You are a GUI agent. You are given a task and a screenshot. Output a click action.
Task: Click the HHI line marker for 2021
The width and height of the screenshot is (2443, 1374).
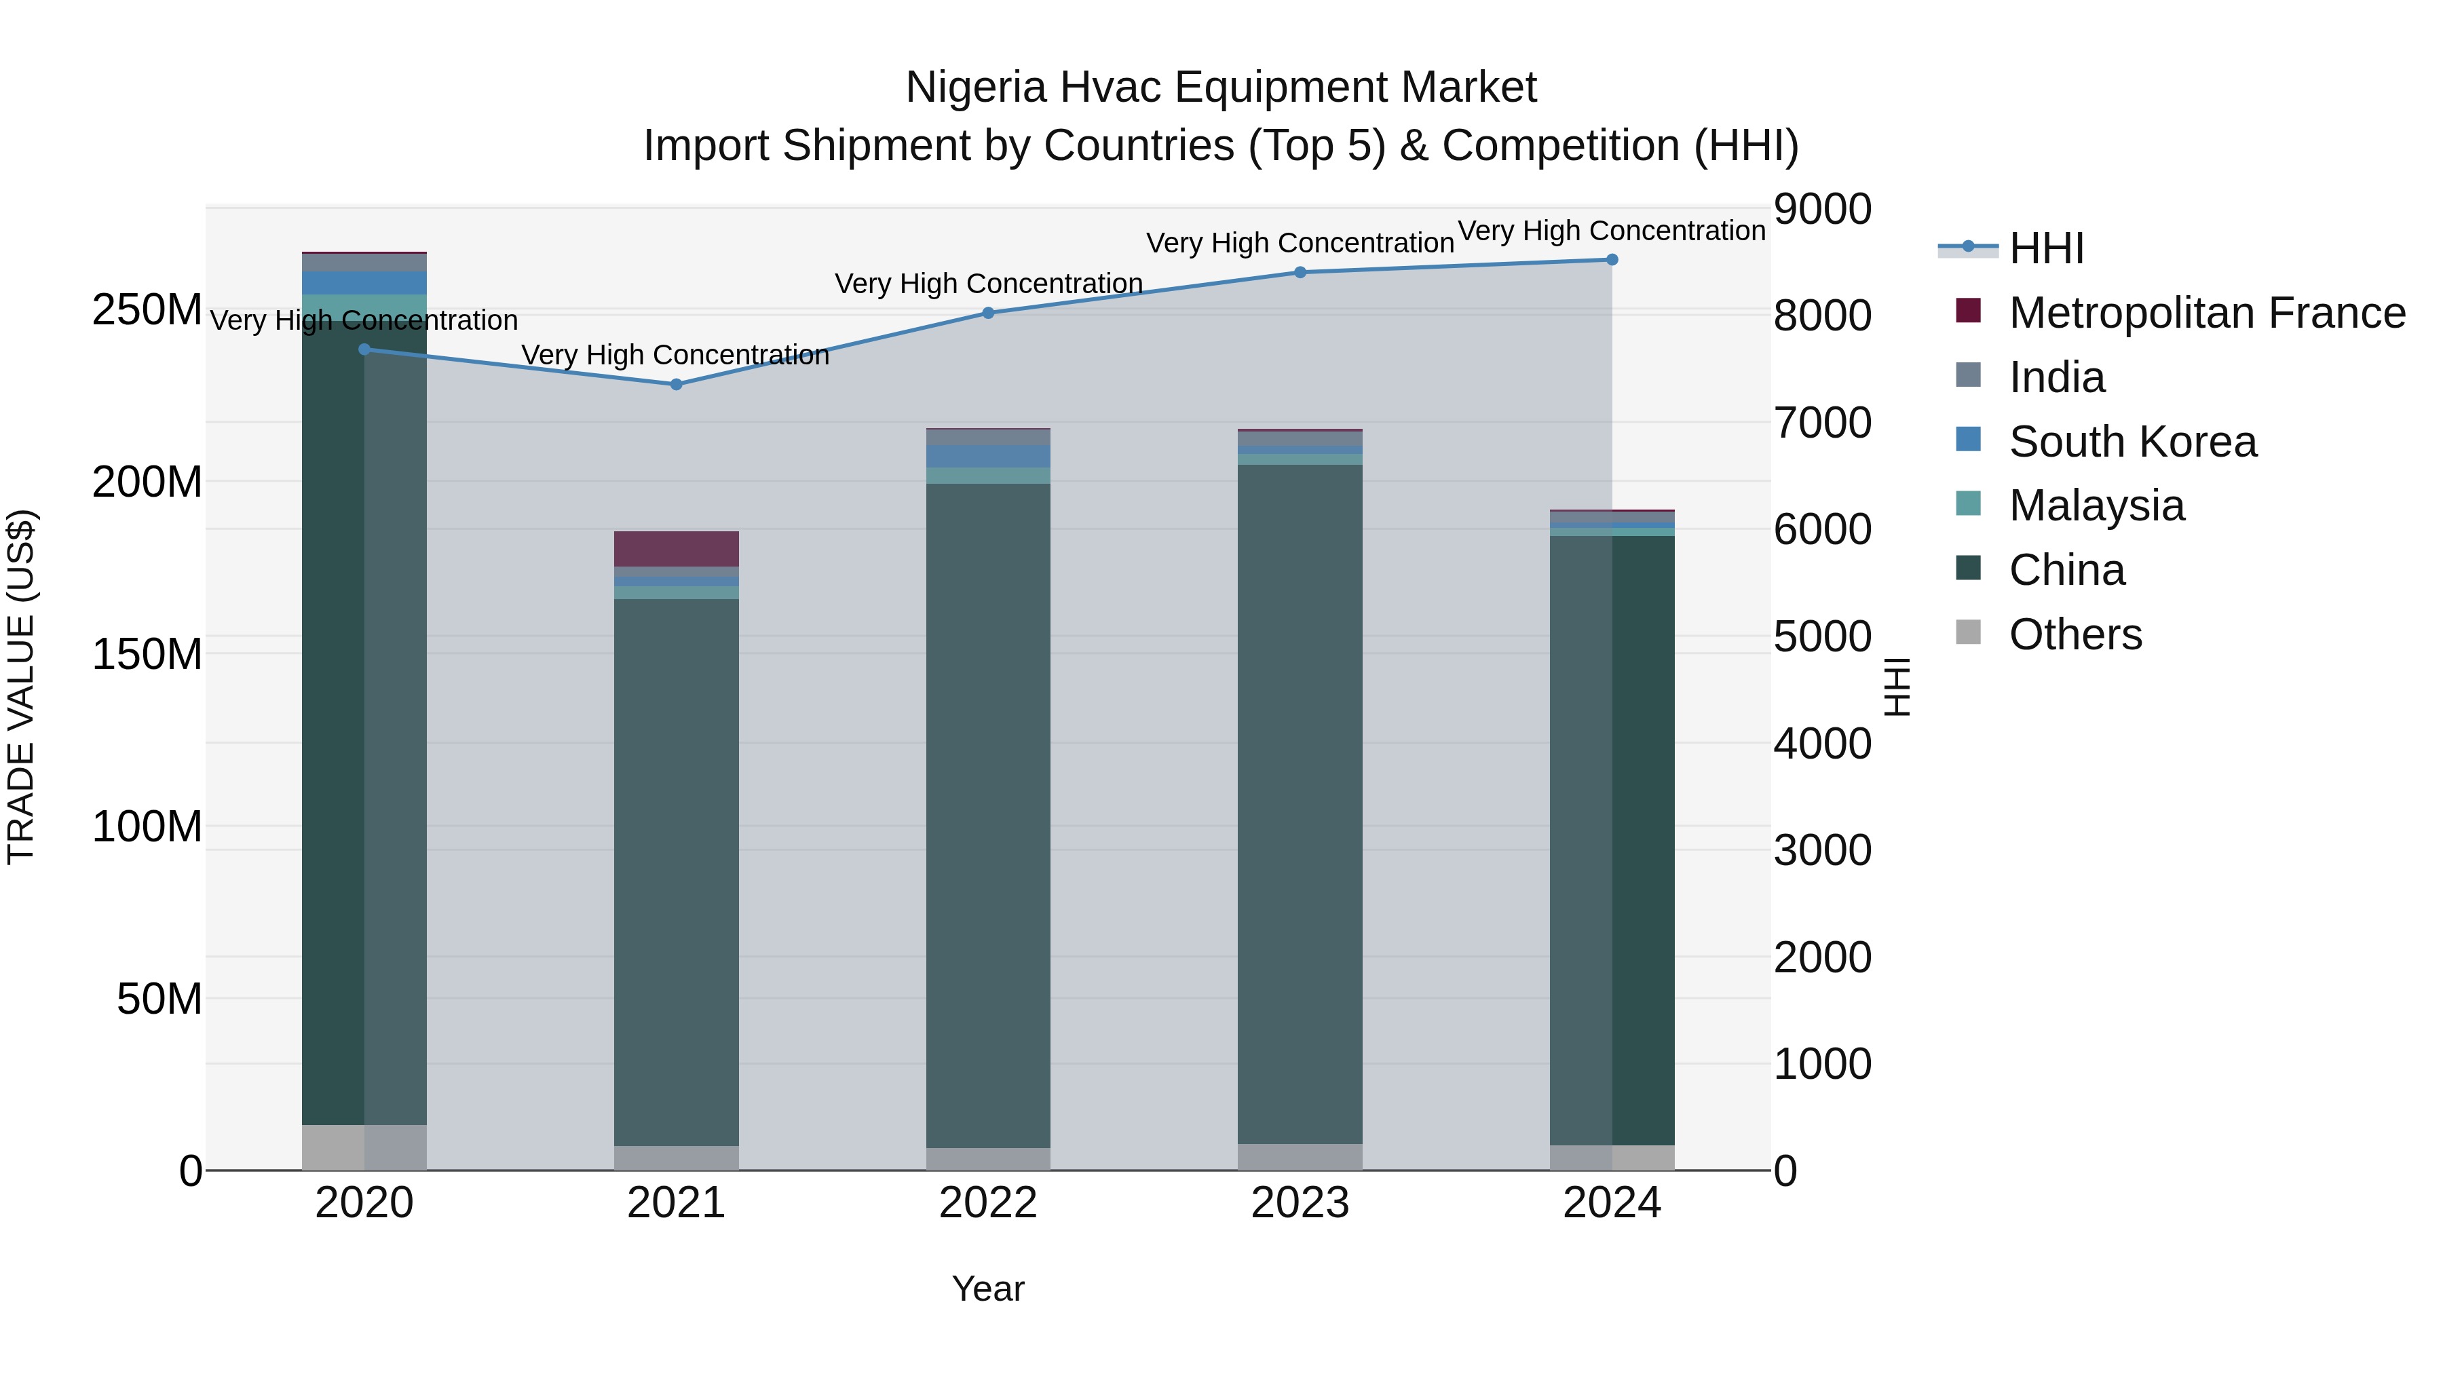[676, 384]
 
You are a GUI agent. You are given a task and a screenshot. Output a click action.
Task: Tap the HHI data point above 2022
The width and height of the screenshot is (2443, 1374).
[988, 313]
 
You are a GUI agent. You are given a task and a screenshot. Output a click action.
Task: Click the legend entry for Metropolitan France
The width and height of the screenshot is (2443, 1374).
[2206, 313]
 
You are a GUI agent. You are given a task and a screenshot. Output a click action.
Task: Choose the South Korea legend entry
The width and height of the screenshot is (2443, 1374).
[2132, 442]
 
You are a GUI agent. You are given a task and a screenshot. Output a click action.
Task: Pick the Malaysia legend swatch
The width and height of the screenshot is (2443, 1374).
[1969, 504]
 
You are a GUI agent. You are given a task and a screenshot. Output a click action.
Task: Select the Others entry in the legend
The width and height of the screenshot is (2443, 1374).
[2075, 634]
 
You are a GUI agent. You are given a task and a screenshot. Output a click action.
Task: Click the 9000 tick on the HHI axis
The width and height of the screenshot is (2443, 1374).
[1822, 210]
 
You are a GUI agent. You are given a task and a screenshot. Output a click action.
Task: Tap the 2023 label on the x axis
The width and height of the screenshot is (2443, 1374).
[1300, 1203]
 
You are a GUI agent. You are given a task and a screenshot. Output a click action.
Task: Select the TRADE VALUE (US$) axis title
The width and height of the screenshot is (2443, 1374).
[21, 687]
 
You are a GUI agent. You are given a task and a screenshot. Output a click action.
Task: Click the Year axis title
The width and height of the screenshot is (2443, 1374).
[987, 1289]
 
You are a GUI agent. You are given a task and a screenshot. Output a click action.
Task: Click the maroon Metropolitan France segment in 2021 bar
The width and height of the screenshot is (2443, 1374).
[676, 548]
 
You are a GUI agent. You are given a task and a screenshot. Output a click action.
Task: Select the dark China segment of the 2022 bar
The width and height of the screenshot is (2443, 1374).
[988, 816]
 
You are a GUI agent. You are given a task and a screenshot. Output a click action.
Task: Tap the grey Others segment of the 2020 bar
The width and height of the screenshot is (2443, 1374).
[364, 1147]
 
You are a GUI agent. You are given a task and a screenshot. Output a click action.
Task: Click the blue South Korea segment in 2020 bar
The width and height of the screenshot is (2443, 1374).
[364, 282]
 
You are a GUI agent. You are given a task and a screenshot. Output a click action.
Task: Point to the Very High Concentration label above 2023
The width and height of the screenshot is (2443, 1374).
[1300, 243]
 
